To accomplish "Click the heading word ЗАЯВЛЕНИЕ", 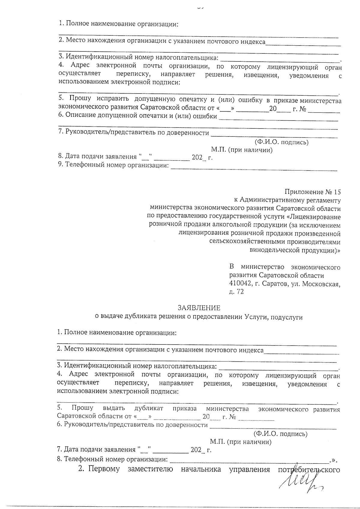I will click(x=199, y=308).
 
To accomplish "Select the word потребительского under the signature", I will click(x=309, y=469).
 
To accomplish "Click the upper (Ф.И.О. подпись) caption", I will click(x=281, y=142).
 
